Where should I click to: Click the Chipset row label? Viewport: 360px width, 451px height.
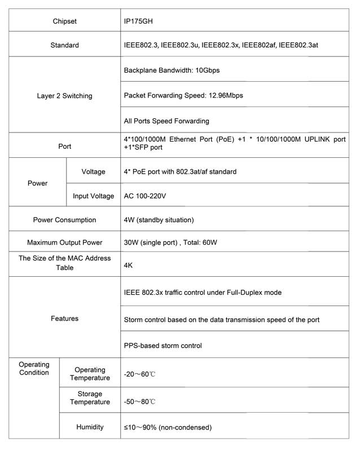point(64,21)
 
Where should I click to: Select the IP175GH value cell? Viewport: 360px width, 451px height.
point(138,21)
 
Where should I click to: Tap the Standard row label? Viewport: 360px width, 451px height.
point(64,45)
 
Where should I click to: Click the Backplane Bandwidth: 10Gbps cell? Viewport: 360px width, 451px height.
point(172,70)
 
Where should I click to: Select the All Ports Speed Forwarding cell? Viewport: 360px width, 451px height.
point(166,121)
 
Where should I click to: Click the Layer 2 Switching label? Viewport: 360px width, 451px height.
point(64,96)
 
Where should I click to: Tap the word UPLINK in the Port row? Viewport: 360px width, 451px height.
point(310,139)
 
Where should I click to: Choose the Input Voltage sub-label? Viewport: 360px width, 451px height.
point(93,196)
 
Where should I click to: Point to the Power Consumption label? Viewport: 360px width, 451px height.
point(64,220)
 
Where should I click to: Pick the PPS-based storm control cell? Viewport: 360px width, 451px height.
point(163,345)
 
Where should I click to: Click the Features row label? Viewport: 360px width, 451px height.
point(64,319)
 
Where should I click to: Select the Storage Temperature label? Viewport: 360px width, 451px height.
point(90,398)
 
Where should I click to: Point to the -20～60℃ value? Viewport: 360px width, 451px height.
point(139,375)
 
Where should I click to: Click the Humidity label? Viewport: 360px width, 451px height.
point(90,427)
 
